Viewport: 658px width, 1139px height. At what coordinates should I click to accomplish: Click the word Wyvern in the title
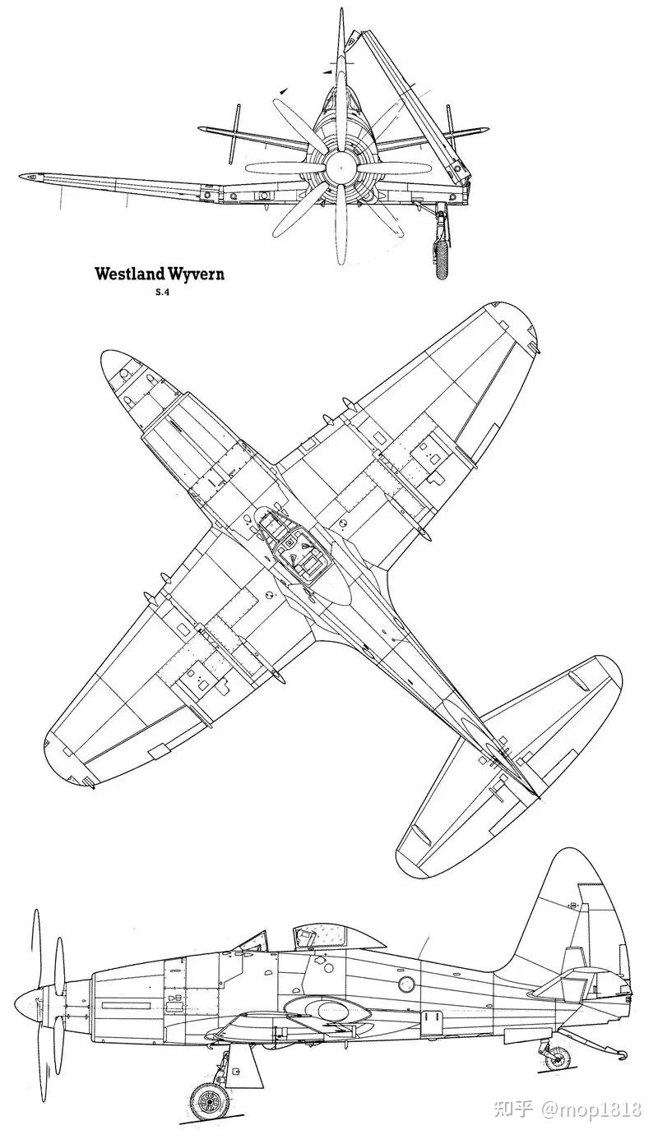pos(195,274)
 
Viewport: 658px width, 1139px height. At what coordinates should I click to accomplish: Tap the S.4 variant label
pos(161,293)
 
